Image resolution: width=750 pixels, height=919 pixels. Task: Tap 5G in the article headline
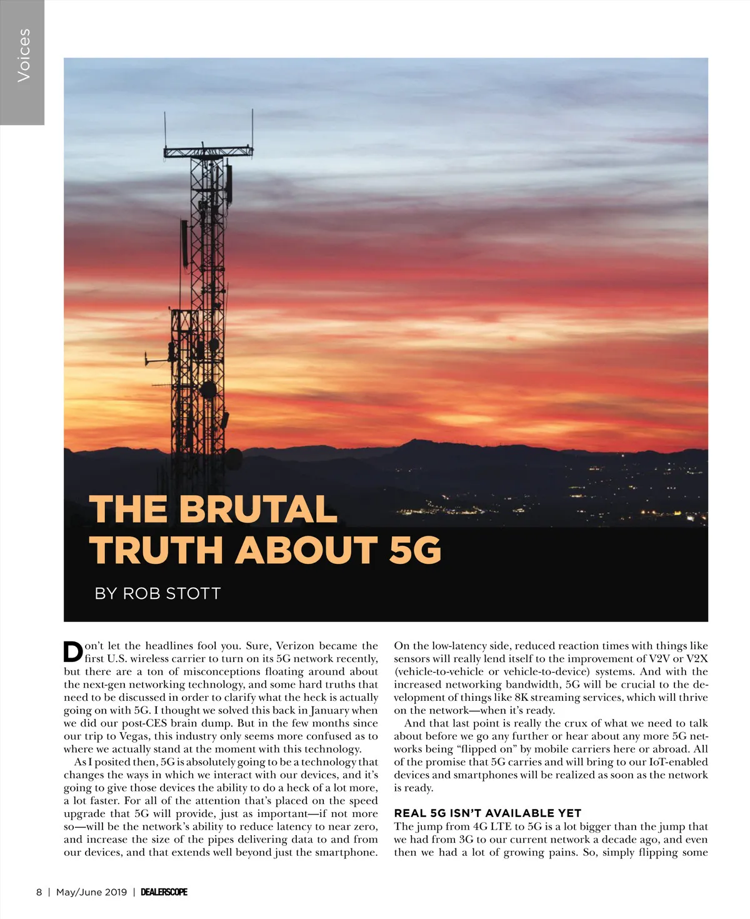[x=415, y=551]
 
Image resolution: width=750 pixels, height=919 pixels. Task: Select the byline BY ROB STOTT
[x=157, y=593]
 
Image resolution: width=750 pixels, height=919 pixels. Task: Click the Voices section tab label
[x=23, y=55]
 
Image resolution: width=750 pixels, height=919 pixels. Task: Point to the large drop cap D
[x=73, y=651]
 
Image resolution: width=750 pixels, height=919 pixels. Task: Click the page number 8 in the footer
[x=39, y=892]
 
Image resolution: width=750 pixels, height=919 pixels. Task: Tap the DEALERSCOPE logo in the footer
[x=164, y=892]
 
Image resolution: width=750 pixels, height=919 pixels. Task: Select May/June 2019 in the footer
[x=91, y=892]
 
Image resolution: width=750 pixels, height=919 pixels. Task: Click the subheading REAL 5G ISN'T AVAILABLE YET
[x=487, y=813]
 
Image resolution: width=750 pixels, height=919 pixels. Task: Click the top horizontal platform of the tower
[x=208, y=151]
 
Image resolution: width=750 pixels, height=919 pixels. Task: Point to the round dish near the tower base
[x=232, y=459]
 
